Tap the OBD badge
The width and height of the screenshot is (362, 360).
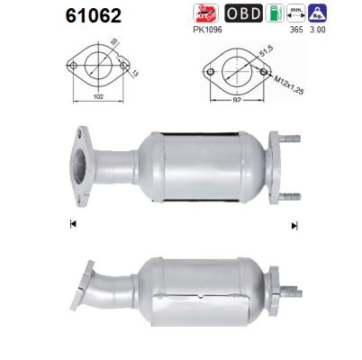point(243,13)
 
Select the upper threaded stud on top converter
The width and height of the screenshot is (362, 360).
point(290,139)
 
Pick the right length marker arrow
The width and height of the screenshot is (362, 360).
point(294,225)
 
